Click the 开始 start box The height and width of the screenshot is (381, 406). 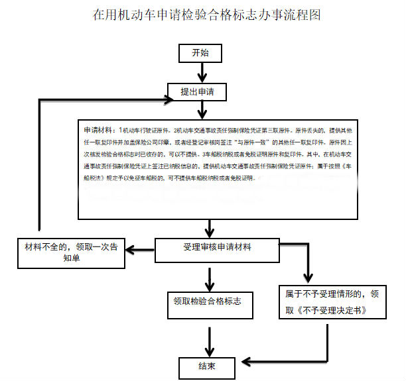pyautogui.click(x=199, y=53)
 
